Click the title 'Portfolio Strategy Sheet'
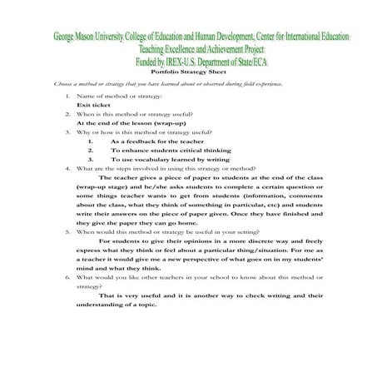pyautogui.click(x=188, y=73)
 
